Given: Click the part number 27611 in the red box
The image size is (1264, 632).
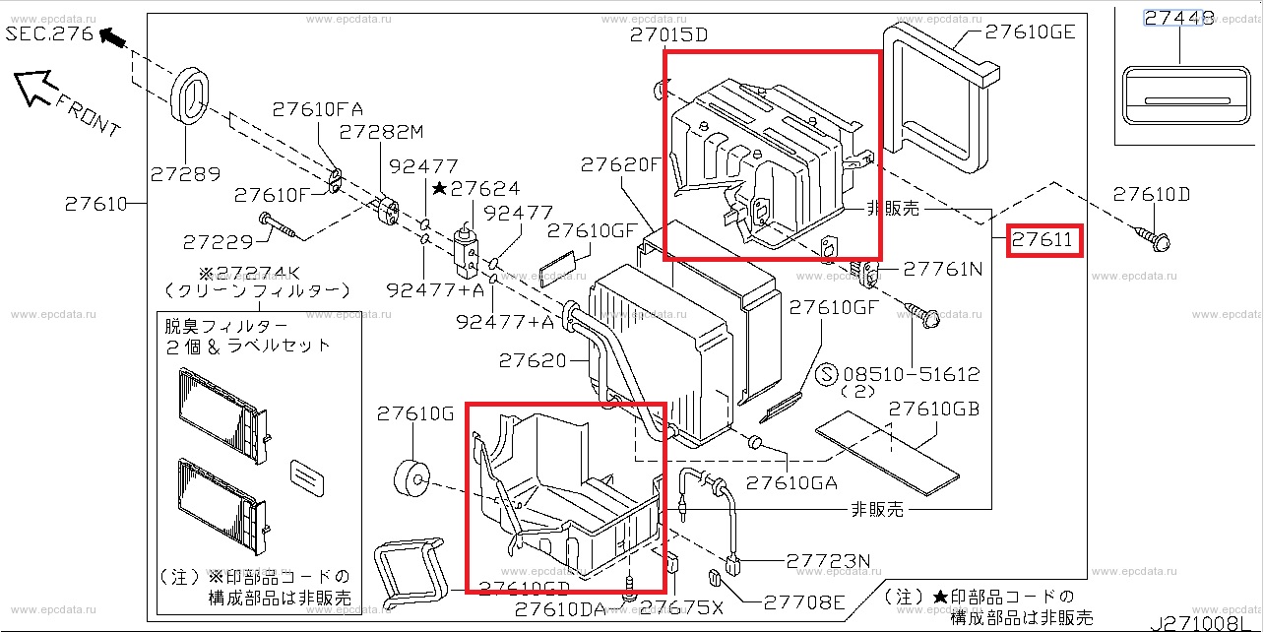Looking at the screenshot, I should tap(1044, 240).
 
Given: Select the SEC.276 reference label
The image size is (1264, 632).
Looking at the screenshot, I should tap(49, 34).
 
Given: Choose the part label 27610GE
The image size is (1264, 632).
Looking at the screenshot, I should tap(1030, 32).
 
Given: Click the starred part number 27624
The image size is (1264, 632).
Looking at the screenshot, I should tap(483, 187).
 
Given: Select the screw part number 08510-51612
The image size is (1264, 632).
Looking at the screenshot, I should tap(911, 374).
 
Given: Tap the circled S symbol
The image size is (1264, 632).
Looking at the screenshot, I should tap(827, 374).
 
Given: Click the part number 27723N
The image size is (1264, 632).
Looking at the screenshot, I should tap(829, 562).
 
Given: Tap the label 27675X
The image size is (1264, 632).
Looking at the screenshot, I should tap(689, 608).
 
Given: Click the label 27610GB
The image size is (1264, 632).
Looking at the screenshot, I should tap(933, 410).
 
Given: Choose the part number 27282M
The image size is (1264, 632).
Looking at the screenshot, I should tap(382, 132).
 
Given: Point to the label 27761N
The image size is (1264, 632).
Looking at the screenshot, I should tap(943, 268).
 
